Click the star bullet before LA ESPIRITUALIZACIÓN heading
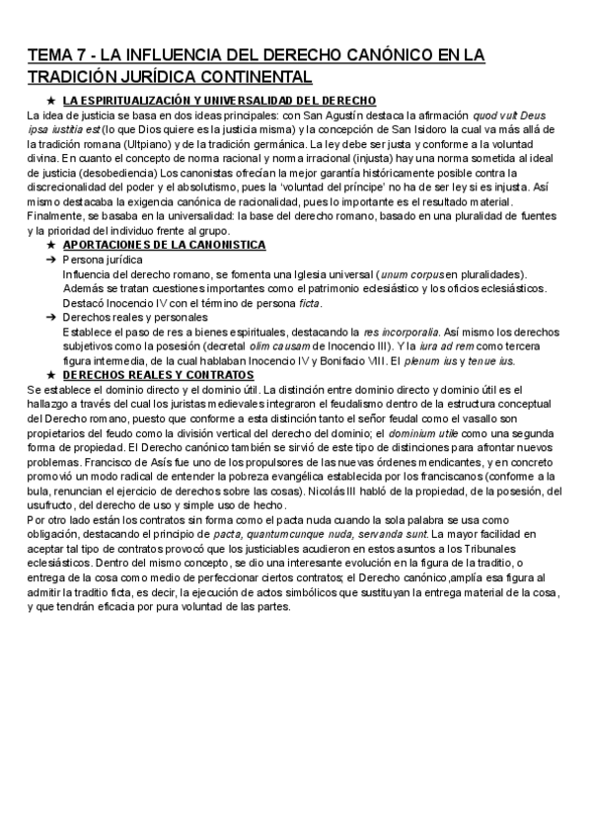50,101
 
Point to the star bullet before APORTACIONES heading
50,244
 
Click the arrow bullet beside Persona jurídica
50,259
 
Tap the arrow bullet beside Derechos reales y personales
50,318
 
